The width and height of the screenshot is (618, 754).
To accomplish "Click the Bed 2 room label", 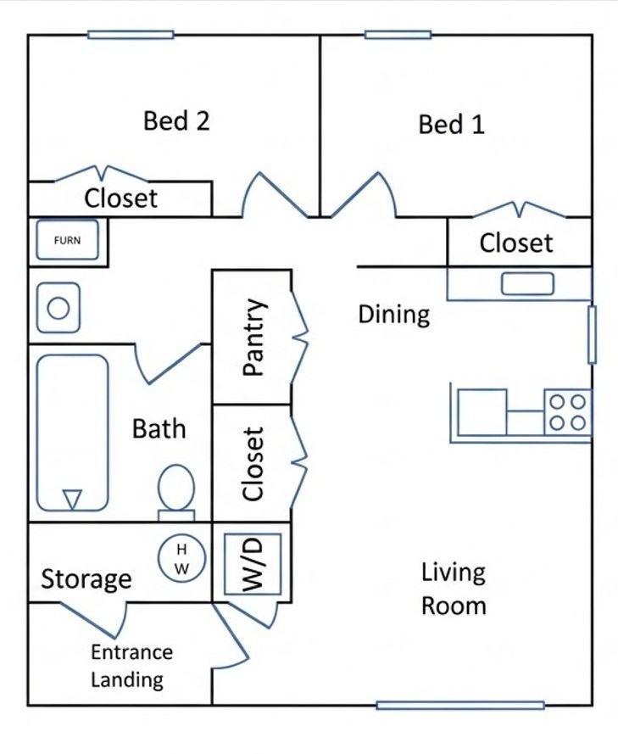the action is pyautogui.click(x=176, y=120).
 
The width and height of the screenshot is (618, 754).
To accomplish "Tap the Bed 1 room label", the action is pyautogui.click(x=451, y=124).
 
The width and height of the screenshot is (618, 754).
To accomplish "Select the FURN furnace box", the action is pyautogui.click(x=67, y=240).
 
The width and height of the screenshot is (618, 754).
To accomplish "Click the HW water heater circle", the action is pyautogui.click(x=181, y=559).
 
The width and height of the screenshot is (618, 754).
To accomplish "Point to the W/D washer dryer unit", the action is pyautogui.click(x=253, y=563).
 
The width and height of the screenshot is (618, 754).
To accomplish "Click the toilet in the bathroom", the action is pyautogui.click(x=176, y=493).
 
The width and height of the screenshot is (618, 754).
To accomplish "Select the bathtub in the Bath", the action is pyautogui.click(x=72, y=433).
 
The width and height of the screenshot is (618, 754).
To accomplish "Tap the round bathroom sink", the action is pyautogui.click(x=58, y=308).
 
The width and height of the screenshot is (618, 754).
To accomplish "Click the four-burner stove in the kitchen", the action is pyautogui.click(x=567, y=412).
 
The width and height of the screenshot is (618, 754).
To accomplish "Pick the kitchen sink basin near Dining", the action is pyautogui.click(x=527, y=284).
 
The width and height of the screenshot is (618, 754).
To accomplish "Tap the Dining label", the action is pyautogui.click(x=394, y=315).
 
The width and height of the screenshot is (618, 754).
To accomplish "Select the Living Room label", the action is pyautogui.click(x=454, y=589).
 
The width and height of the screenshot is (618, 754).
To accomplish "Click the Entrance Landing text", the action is pyautogui.click(x=131, y=666).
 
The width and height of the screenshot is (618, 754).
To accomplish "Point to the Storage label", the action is pyautogui.click(x=86, y=579).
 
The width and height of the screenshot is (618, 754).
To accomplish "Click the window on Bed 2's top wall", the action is pyautogui.click(x=131, y=35).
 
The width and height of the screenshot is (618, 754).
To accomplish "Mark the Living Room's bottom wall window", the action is pyautogui.click(x=460, y=706).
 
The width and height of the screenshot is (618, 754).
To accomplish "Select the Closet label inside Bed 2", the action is pyautogui.click(x=120, y=198).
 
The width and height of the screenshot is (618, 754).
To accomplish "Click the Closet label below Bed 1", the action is pyautogui.click(x=516, y=243).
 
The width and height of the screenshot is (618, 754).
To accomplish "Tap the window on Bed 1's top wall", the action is pyautogui.click(x=398, y=35).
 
